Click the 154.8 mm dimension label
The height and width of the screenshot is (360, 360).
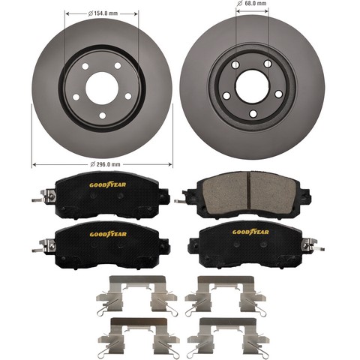click(103, 13)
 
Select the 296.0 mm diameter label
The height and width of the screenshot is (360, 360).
click(105, 164)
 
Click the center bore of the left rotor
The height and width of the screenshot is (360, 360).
click(102, 88)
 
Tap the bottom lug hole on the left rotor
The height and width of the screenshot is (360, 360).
click(103, 115)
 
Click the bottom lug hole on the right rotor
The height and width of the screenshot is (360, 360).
click(253, 114)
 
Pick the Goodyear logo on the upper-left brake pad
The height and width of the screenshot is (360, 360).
click(108, 185)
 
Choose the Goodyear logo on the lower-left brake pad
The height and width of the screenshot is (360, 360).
click(108, 234)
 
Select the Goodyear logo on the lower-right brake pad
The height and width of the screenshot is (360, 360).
click(250, 232)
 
